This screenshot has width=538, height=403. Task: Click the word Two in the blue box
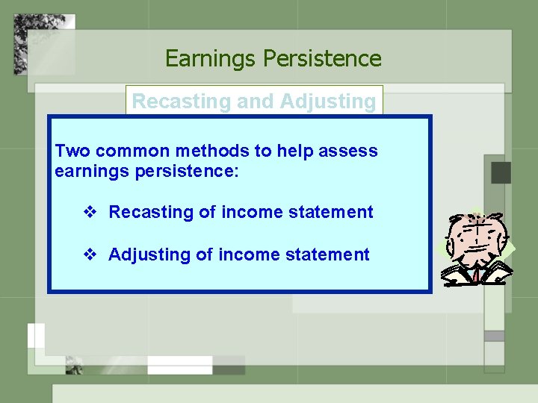(x=73, y=151)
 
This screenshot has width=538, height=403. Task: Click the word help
(x=294, y=151)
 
